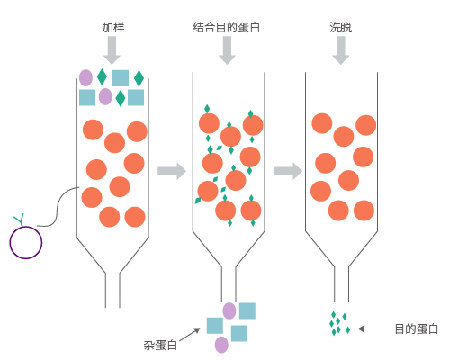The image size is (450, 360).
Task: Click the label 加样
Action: (x=113, y=27)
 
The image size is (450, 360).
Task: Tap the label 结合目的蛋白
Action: (x=227, y=27)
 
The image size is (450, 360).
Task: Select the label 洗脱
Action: (x=341, y=27)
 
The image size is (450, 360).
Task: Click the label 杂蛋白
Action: (x=160, y=345)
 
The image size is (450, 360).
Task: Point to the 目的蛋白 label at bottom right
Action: (x=416, y=329)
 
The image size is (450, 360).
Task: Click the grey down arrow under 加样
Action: (x=112, y=50)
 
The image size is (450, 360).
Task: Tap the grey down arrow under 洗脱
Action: (x=341, y=50)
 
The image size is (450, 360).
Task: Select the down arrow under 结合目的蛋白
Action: (x=227, y=50)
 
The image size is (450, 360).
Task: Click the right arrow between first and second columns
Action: (x=172, y=171)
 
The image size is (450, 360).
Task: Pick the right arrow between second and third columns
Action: (x=288, y=171)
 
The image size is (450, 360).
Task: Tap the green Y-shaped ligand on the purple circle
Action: (x=20, y=220)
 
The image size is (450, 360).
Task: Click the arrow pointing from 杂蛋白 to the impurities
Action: (x=190, y=335)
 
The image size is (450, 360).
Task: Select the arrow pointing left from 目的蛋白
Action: (x=375, y=329)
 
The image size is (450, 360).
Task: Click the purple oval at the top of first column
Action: (x=85, y=77)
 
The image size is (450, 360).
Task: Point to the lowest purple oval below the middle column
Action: (x=221, y=345)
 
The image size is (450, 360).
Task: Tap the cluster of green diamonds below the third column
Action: (x=340, y=323)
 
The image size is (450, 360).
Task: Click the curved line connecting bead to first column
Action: (x=58, y=207)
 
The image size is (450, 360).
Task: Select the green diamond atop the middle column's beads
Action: (x=207, y=109)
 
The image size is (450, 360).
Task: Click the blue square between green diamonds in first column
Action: (x=121, y=78)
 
